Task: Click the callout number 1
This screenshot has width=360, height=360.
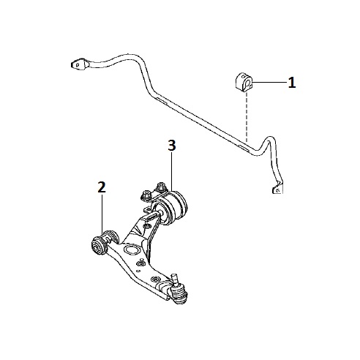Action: (x=292, y=83)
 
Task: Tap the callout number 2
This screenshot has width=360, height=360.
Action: (x=102, y=187)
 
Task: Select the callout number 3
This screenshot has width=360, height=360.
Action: (x=172, y=146)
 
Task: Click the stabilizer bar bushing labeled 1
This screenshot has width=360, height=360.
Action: (x=244, y=83)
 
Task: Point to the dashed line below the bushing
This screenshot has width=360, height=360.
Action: (x=247, y=118)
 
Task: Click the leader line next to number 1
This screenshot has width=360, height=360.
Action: (x=269, y=83)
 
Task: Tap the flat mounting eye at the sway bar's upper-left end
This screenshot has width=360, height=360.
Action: (x=79, y=64)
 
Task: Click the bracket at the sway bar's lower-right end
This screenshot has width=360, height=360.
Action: (x=277, y=188)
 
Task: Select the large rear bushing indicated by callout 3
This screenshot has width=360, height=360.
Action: (x=170, y=208)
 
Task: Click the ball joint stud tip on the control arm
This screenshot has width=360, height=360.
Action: (x=174, y=277)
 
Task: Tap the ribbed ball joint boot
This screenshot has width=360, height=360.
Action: (x=179, y=293)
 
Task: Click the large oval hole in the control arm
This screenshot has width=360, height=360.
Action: (x=132, y=250)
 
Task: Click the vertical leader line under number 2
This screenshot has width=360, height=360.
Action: (x=102, y=213)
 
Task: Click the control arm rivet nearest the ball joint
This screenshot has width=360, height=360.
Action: (x=155, y=279)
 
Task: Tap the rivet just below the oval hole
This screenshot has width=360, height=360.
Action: (x=140, y=263)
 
